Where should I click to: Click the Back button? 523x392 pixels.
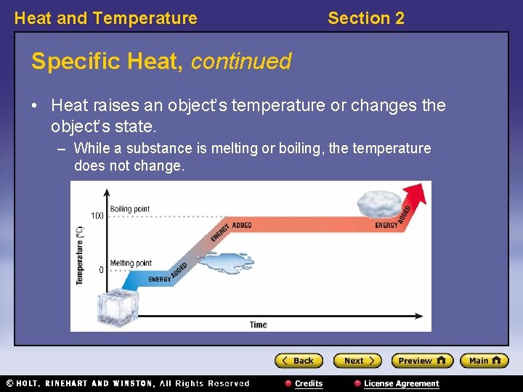point(299,360)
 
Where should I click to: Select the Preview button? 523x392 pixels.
point(422,360)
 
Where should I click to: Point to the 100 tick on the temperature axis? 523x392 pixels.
point(97,216)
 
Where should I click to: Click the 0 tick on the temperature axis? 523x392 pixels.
point(100,270)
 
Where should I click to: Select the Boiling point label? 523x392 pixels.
point(130,209)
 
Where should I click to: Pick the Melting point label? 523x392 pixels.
point(131,263)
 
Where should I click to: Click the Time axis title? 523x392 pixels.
point(258,324)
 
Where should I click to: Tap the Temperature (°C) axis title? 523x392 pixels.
point(80,254)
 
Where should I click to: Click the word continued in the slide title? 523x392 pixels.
point(240,62)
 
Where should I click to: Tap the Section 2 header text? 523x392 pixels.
point(365,18)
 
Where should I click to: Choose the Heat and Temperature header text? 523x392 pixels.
point(105,18)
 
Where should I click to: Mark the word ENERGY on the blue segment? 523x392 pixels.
point(159,279)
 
